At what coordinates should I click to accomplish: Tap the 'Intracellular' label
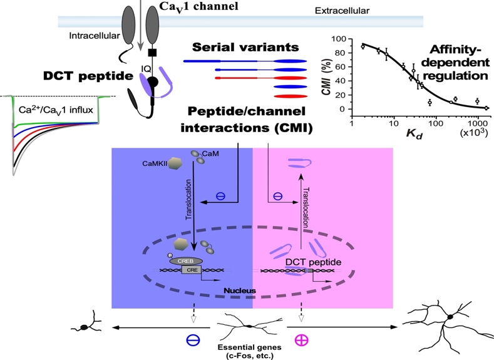(x=93, y=36)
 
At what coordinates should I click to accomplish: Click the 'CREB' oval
(x=185, y=260)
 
